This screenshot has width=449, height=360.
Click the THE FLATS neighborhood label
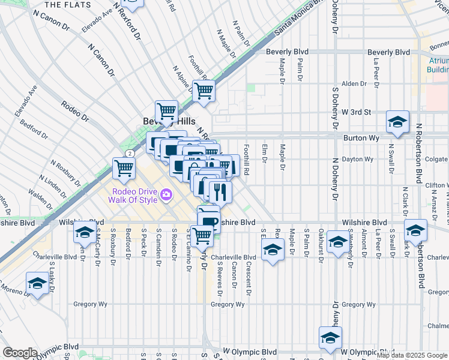click(x=69, y=5)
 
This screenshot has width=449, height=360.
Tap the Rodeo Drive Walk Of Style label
click(x=133, y=196)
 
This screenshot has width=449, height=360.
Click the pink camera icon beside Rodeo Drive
click(x=166, y=194)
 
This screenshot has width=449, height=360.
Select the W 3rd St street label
click(x=357, y=112)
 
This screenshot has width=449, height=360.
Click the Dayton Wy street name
click(x=358, y=159)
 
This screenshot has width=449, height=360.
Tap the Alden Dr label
click(x=354, y=84)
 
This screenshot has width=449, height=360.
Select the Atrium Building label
click(x=437, y=65)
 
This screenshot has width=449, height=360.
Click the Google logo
click(x=20, y=352)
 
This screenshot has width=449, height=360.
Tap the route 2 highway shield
click(x=129, y=154)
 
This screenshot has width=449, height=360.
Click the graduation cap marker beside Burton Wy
click(x=397, y=122)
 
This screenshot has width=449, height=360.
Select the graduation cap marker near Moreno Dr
click(x=37, y=283)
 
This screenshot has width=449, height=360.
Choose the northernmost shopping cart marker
click(x=203, y=91)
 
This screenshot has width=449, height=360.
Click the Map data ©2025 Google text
click(x=412, y=355)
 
